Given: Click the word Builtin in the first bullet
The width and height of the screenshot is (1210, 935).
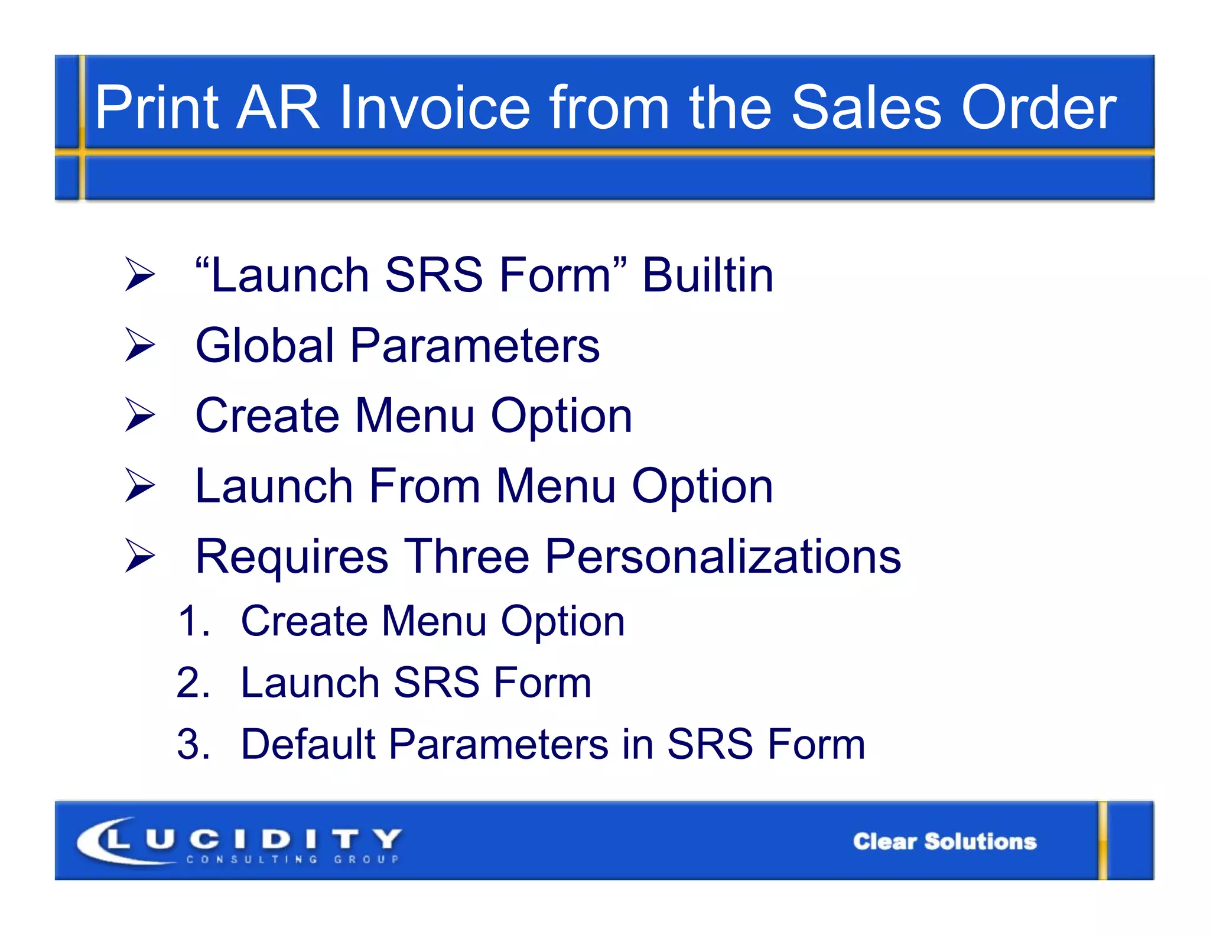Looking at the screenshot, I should [707, 275].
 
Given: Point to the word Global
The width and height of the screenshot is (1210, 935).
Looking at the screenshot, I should [265, 346].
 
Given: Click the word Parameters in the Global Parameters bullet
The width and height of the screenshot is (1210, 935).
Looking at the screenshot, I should [474, 346].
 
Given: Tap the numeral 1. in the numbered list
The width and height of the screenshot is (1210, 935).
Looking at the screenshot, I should [194, 622].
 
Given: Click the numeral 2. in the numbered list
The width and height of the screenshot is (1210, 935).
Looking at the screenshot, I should [194, 683].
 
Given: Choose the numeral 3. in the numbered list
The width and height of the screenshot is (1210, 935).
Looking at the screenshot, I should [194, 744].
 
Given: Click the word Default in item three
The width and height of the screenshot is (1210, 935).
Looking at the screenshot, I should [307, 744].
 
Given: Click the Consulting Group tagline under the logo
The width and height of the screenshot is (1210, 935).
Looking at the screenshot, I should [292, 859].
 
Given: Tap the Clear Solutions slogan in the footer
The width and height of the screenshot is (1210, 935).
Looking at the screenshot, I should [944, 841].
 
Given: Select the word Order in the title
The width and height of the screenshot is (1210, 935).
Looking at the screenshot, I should [1039, 108].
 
